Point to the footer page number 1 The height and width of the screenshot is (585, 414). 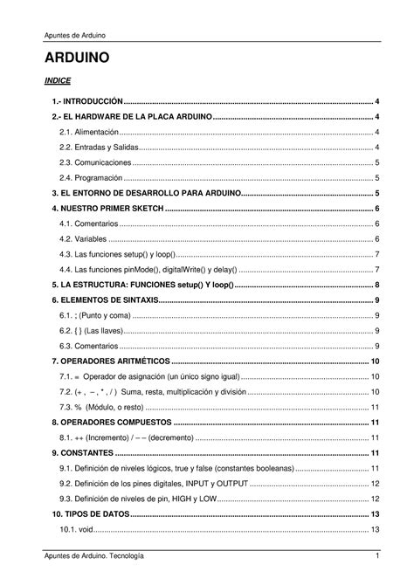(x=376, y=556)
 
